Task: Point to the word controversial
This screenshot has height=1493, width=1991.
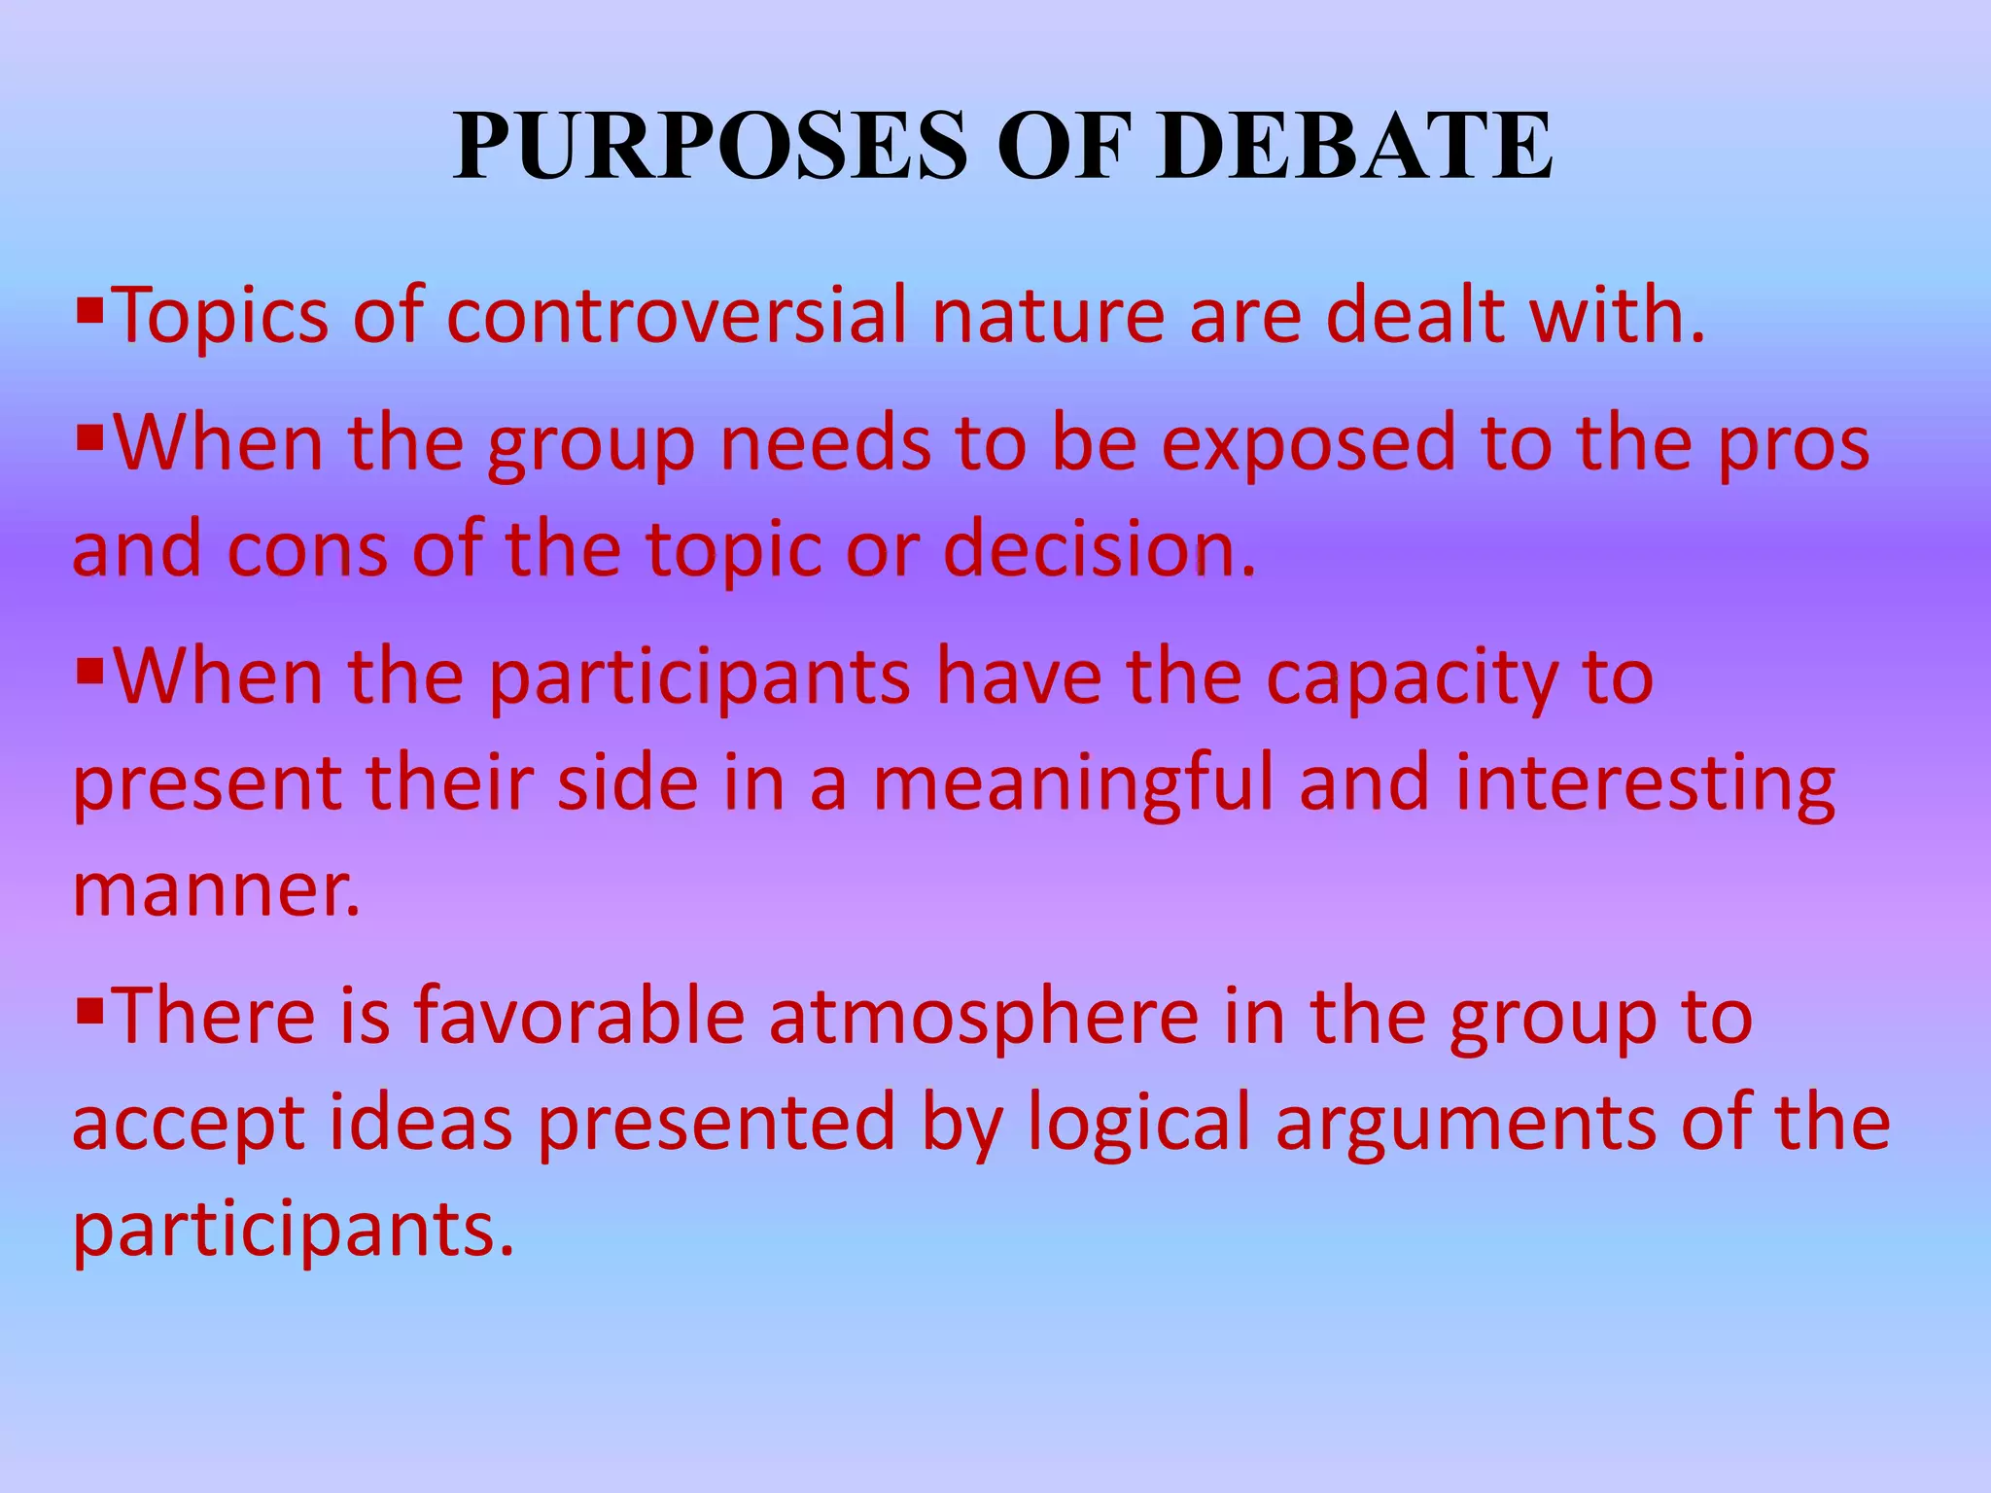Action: coord(676,316)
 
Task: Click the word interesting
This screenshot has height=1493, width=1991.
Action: coord(1644,785)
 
